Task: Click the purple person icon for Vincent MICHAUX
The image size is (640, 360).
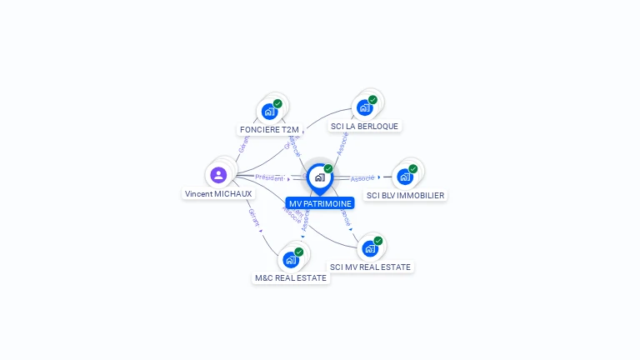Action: point(218,174)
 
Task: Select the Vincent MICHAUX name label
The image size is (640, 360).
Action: point(218,193)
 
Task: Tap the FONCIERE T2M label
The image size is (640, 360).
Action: point(269,129)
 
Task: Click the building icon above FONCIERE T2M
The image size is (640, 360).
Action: point(269,111)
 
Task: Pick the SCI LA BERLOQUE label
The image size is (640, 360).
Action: point(364,126)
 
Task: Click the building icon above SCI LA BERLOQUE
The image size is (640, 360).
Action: point(364,107)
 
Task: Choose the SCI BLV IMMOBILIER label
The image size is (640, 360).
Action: point(406,195)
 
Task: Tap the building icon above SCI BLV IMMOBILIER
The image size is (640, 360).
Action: point(405,177)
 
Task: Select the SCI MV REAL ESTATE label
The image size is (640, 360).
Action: point(370,267)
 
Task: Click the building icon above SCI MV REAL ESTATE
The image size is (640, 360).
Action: point(370,248)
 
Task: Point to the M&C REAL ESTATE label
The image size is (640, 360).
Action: point(291,277)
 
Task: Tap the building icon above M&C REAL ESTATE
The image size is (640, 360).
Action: point(291,259)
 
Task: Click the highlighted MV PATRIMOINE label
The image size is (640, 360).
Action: point(320,202)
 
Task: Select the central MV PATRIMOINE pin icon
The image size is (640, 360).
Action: point(319,177)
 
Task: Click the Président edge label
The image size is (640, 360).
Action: point(269,177)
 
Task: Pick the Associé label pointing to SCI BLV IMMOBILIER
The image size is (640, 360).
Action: point(362,178)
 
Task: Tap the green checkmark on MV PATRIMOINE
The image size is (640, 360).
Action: point(328,169)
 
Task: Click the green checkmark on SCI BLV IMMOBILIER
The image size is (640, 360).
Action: point(413,169)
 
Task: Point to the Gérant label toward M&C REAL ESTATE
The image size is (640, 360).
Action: point(253,217)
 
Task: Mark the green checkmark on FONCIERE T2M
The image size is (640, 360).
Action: point(277,103)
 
